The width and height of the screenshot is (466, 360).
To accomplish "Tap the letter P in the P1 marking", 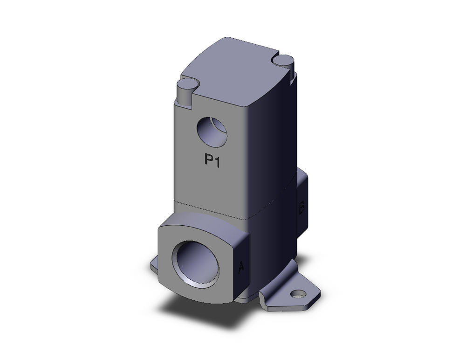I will (209, 160).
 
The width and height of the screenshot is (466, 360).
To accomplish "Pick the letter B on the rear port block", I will (302, 207).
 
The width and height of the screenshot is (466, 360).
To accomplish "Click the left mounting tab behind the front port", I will (155, 264).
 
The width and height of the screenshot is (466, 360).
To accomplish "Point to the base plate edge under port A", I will (247, 298).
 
